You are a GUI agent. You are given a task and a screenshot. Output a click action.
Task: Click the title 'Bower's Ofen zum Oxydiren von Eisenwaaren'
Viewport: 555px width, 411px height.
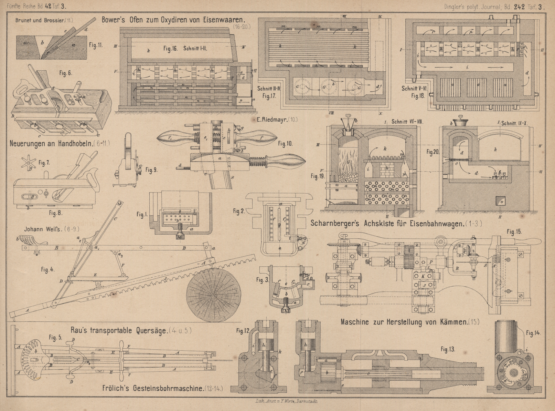tap(172, 20)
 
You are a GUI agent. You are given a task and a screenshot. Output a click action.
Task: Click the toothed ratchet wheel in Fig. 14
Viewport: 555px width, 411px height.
tap(515, 373)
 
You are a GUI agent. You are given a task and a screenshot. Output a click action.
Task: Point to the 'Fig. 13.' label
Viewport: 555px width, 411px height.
tap(448, 349)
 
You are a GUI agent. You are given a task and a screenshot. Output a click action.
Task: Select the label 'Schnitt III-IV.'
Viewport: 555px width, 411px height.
tap(269, 88)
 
